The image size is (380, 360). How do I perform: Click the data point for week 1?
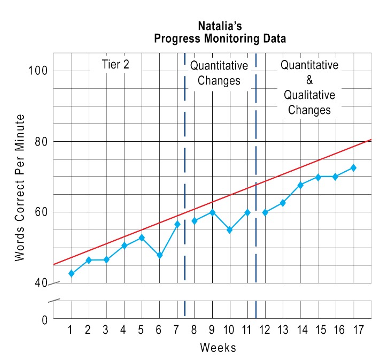(x=71, y=273)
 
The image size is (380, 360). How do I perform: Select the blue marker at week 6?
(x=159, y=256)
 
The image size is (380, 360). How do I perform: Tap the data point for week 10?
(x=230, y=229)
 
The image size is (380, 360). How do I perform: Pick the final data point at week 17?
(x=354, y=167)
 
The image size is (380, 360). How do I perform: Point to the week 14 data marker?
(x=300, y=185)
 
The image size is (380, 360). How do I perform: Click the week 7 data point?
(x=177, y=224)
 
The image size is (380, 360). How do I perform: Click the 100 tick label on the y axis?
(x=38, y=71)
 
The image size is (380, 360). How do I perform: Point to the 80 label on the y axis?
(x=41, y=141)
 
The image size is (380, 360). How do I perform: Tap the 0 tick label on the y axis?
(x=44, y=320)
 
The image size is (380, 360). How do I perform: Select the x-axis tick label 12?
(x=265, y=330)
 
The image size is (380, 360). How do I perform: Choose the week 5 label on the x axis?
(x=141, y=330)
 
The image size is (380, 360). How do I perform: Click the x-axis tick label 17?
(x=359, y=330)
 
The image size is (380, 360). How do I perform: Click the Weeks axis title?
(x=218, y=347)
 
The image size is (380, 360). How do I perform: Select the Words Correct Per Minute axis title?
(x=20, y=188)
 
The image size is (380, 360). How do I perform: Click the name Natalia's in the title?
(x=220, y=26)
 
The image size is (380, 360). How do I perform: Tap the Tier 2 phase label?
(x=115, y=64)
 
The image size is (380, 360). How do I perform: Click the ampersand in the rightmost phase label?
(x=309, y=80)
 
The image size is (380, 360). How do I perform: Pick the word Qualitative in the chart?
(x=309, y=95)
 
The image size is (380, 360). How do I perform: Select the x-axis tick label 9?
(x=212, y=330)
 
